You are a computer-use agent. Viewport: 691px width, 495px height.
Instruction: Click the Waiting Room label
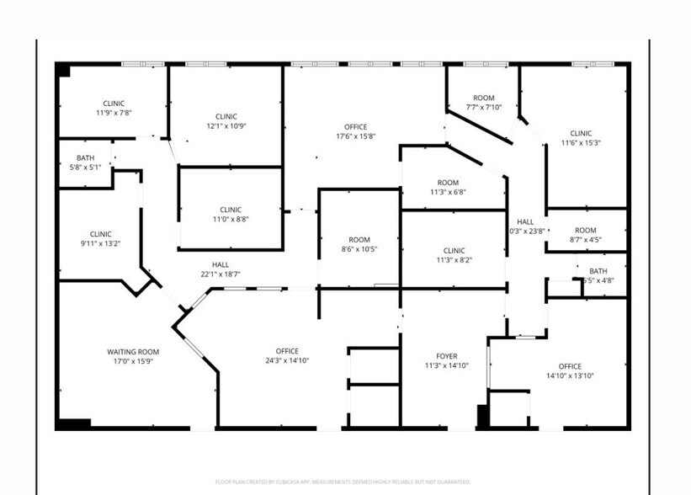(x=133, y=351)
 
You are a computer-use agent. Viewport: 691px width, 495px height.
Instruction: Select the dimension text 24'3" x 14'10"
(x=287, y=361)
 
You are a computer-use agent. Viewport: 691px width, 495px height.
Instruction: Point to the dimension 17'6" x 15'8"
(x=355, y=136)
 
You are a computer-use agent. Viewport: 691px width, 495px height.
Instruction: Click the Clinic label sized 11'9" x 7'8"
(x=114, y=104)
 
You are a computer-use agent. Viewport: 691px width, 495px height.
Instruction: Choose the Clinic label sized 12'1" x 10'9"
(x=226, y=116)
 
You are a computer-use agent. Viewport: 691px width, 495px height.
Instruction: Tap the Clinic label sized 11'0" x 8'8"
(x=231, y=210)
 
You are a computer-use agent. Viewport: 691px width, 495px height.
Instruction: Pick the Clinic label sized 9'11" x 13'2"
(x=101, y=234)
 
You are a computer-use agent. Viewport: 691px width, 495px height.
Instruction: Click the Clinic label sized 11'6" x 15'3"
(x=581, y=133)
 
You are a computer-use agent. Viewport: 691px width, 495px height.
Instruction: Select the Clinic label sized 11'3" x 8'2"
(x=454, y=250)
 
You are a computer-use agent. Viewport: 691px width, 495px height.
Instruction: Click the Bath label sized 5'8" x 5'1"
(x=86, y=157)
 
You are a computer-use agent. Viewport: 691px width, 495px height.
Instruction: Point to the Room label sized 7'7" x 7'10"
(x=484, y=98)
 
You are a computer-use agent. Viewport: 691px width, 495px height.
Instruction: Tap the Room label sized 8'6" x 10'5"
(x=359, y=240)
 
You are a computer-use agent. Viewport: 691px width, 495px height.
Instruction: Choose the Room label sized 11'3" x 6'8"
(x=448, y=183)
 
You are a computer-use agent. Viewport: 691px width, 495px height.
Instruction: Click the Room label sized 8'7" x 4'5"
(x=585, y=231)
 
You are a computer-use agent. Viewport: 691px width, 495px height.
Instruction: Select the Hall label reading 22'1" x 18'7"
(x=221, y=265)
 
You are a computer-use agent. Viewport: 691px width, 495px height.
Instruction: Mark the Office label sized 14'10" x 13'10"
(x=570, y=366)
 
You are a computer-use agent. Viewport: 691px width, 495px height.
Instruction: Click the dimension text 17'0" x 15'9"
(x=133, y=361)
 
